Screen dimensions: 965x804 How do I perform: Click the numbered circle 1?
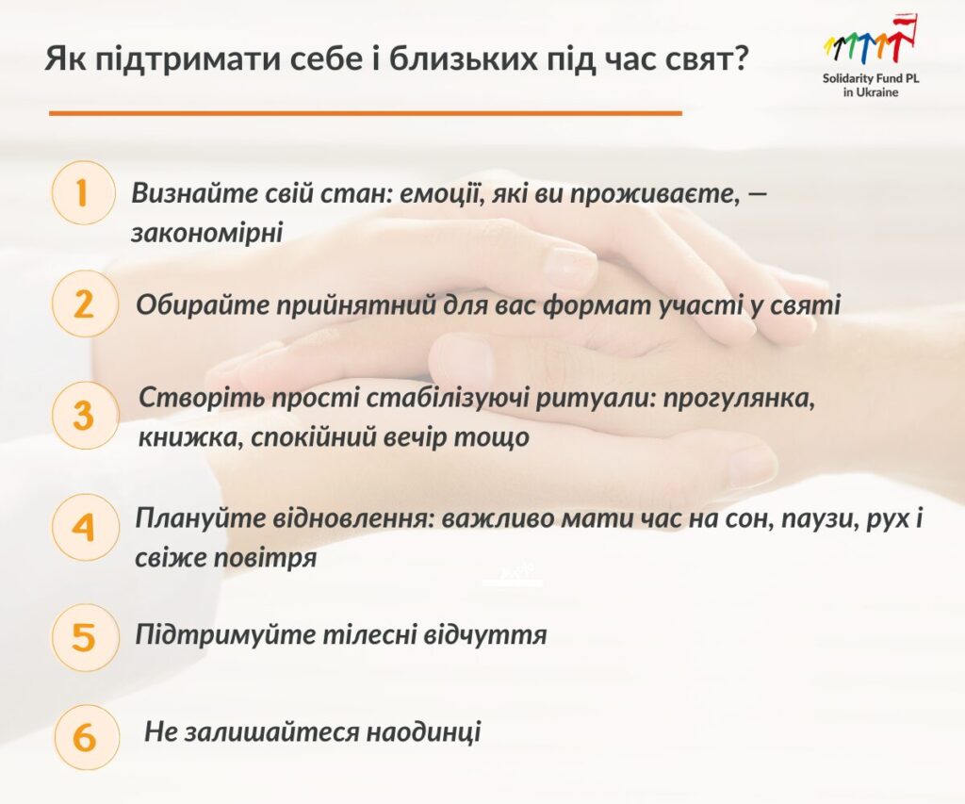point(83,192)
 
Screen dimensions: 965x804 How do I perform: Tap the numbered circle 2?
point(84,304)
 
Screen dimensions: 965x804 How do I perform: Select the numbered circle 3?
point(84,416)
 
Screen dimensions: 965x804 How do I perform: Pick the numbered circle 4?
point(84,528)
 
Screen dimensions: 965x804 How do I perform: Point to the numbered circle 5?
point(84,636)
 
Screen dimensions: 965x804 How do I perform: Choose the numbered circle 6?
point(85,737)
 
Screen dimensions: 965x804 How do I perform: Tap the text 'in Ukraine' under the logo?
point(871,92)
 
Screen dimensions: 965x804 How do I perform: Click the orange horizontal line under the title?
point(366,113)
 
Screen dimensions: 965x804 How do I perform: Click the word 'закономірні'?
point(206,233)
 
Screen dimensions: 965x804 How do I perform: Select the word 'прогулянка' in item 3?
point(739,399)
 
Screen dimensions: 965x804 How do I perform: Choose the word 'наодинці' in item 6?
point(423,732)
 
